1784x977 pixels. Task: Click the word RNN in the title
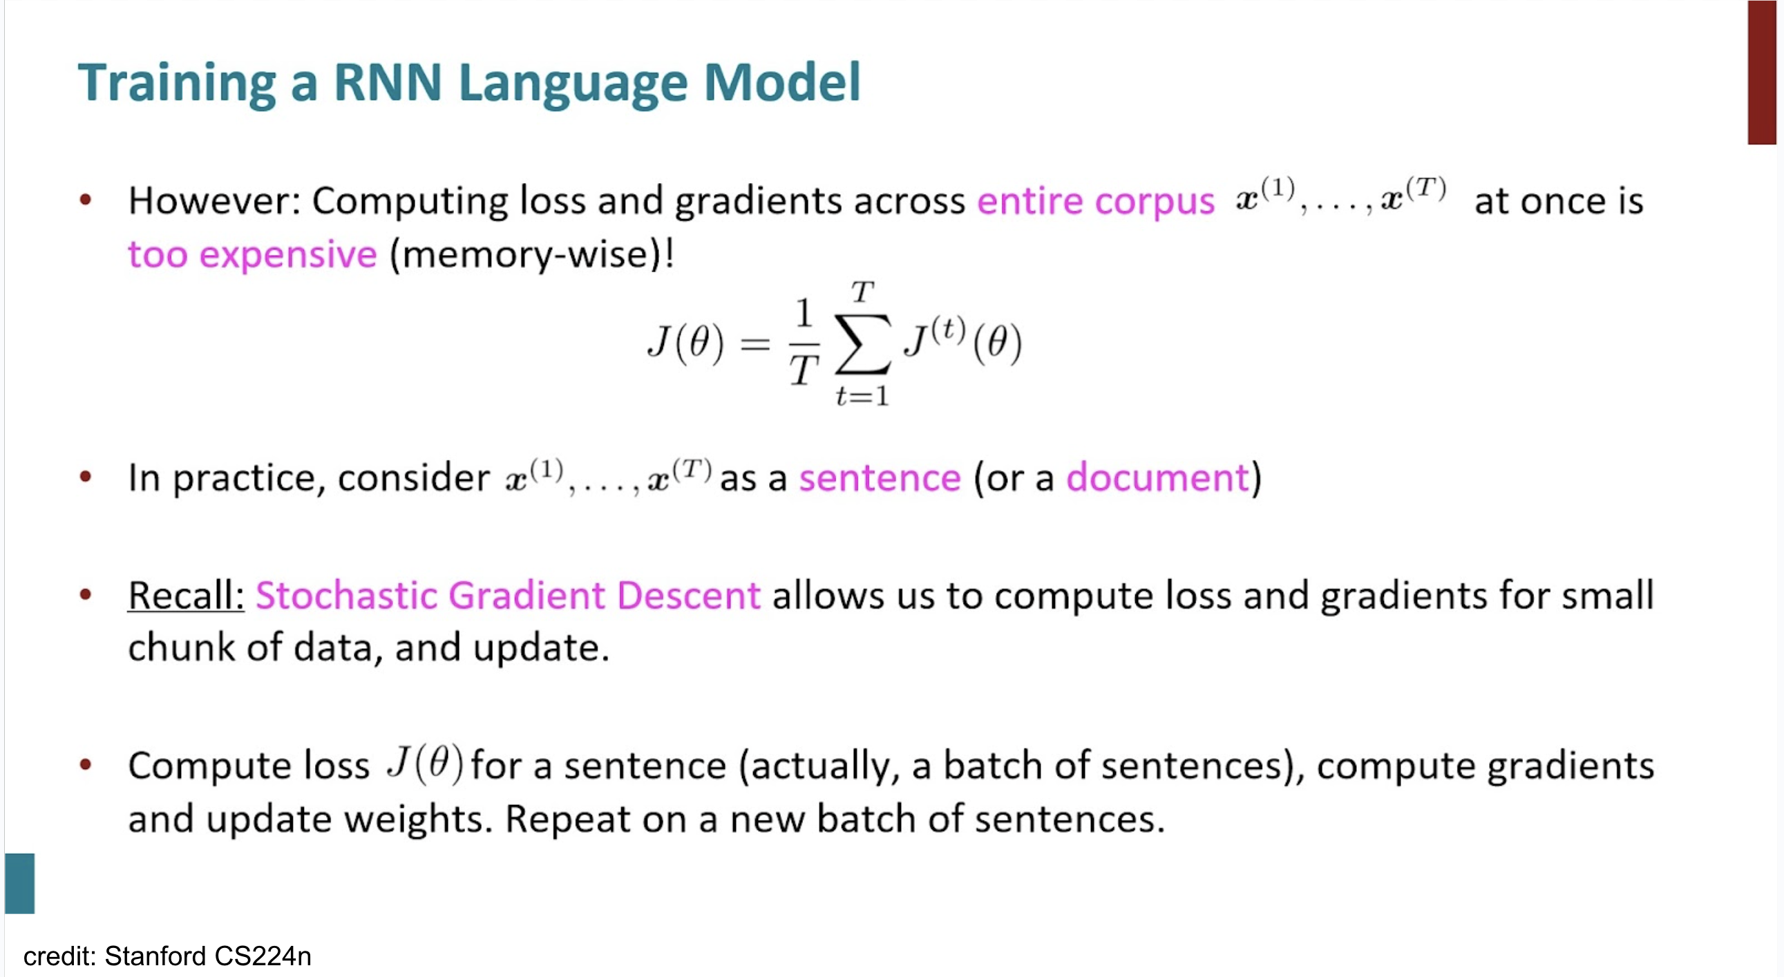(x=387, y=82)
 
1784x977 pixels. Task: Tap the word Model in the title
(x=782, y=82)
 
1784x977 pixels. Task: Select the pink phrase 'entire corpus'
(x=1096, y=202)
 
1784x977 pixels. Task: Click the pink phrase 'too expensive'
(x=253, y=254)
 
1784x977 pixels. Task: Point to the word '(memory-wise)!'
(x=532, y=254)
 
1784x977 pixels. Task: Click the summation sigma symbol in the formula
(x=862, y=344)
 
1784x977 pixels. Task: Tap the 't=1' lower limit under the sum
(x=862, y=396)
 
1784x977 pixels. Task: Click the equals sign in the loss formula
(x=755, y=343)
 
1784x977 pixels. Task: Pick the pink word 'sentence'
(x=880, y=478)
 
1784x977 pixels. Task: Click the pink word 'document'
(x=1157, y=477)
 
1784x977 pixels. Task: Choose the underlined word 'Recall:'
(x=186, y=595)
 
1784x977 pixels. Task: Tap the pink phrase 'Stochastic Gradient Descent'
(x=508, y=595)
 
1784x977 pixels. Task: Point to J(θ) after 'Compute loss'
(x=424, y=763)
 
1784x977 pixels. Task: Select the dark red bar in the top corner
(x=1761, y=72)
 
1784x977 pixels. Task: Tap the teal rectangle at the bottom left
(x=20, y=884)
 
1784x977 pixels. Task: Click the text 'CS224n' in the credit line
(x=263, y=956)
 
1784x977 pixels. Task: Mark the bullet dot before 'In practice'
(x=85, y=476)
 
